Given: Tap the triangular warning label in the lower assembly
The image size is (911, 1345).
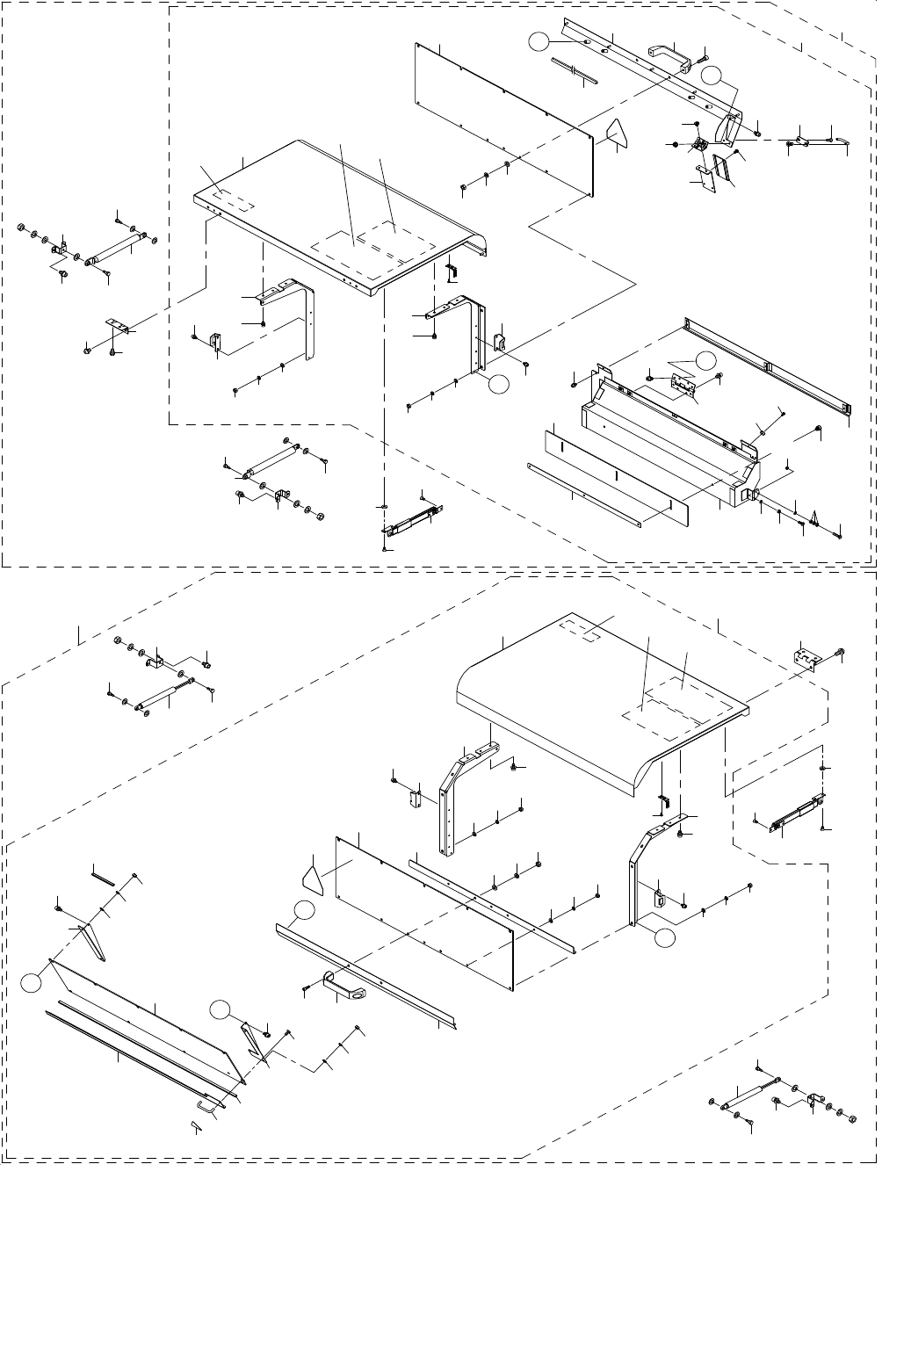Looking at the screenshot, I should point(313,877).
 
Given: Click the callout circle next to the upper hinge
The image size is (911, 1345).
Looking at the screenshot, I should point(705,360).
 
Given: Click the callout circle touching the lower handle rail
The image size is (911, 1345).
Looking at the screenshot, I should point(303,911).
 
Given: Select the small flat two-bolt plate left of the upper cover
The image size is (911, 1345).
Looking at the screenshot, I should point(119,326).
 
